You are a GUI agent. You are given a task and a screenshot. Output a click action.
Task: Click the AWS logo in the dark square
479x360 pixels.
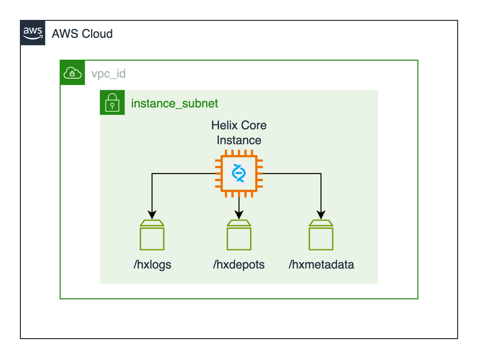[32, 33]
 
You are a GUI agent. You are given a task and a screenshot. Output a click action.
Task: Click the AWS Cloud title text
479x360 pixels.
[82, 34]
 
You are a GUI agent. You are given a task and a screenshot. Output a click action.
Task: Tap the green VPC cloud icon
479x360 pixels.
[73, 73]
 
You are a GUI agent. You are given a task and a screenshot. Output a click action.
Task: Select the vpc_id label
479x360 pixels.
[108, 74]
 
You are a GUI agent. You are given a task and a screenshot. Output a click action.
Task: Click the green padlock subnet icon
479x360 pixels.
[112, 103]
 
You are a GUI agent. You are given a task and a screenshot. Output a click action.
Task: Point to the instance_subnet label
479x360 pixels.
[174, 103]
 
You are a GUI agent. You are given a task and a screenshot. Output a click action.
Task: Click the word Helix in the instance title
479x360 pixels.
[225, 125]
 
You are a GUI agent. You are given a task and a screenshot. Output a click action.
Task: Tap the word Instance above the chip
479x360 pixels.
[239, 140]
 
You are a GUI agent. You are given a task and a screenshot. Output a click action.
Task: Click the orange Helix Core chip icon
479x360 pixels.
[239, 173]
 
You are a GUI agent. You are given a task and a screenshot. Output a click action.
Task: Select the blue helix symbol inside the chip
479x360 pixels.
[239, 173]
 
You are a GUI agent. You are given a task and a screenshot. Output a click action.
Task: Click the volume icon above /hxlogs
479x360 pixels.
[152, 235]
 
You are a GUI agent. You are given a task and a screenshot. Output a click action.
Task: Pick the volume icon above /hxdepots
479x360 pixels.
[239, 235]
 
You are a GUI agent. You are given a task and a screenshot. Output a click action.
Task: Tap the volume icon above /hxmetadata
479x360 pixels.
[321, 235]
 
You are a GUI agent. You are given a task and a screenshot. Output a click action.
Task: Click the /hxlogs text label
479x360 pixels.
[152, 265]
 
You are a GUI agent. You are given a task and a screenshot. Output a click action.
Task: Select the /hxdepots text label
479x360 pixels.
[239, 265]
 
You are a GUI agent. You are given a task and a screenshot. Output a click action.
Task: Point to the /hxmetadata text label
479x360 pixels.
[321, 265]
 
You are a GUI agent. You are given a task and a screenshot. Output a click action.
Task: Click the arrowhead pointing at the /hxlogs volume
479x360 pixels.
[152, 215]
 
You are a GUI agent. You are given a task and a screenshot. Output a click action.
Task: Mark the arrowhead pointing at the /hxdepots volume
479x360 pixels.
[239, 215]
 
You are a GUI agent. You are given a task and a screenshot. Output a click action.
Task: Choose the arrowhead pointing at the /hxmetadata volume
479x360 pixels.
[321, 215]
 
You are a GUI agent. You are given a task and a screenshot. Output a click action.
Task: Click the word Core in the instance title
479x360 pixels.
[254, 125]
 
